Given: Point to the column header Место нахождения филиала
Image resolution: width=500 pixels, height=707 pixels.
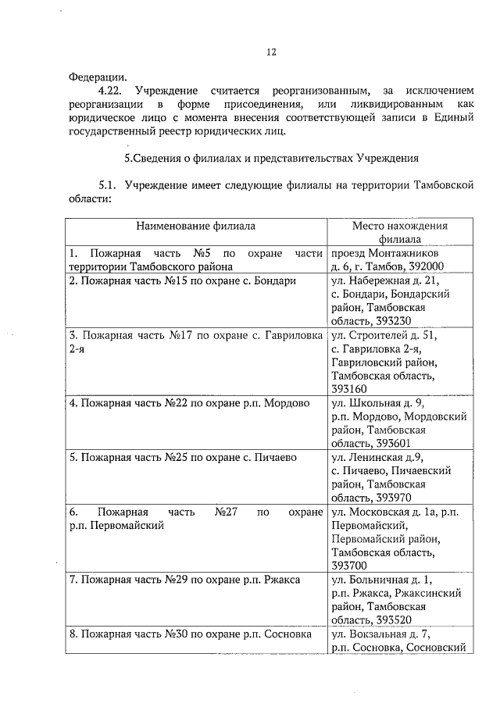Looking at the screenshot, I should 398,233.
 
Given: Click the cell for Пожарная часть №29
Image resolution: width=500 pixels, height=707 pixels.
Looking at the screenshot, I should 184,579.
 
